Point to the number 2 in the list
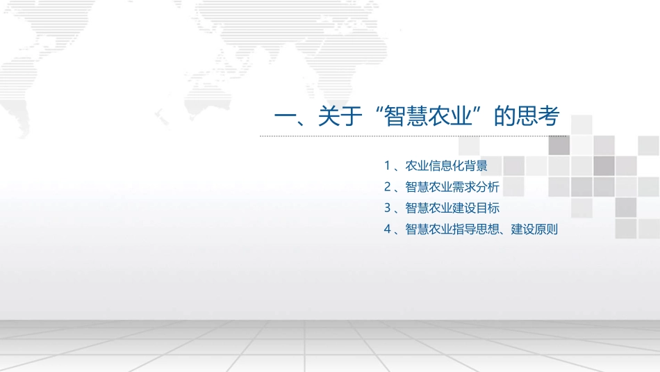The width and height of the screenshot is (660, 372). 387,187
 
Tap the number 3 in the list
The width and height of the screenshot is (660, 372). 387,208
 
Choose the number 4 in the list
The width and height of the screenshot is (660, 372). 387,229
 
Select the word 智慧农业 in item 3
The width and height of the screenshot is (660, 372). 429,208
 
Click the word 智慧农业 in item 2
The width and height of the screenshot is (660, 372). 429,187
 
